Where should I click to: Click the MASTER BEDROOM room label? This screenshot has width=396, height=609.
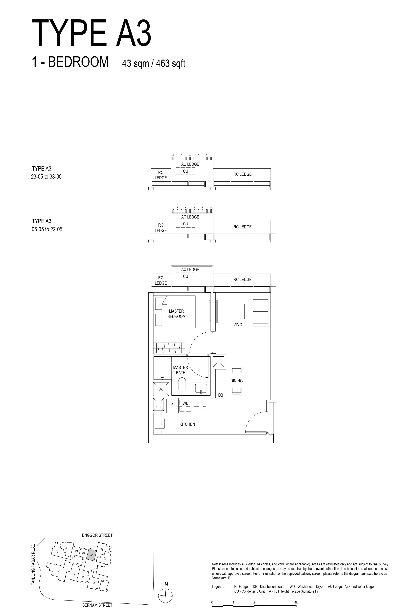point(176,314)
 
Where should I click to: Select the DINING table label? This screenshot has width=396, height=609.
point(236,381)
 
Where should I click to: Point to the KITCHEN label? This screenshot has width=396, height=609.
point(187,424)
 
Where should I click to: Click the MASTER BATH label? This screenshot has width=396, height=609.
point(180,370)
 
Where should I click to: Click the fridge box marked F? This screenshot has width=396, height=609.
point(172,405)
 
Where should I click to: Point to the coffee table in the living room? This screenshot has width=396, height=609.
point(240,311)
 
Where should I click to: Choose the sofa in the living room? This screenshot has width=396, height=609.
point(261,311)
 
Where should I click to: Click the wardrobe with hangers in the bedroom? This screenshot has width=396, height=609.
point(169,348)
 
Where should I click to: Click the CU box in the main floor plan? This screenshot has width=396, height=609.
point(186,276)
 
